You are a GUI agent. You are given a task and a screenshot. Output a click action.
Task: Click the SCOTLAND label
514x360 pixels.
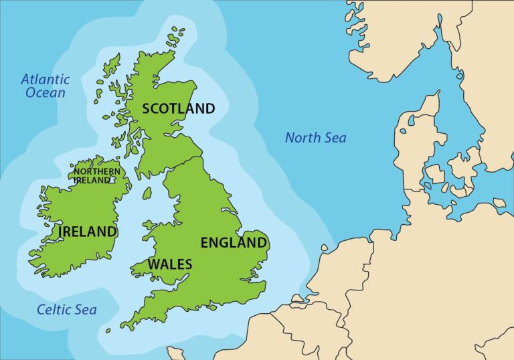[179, 108]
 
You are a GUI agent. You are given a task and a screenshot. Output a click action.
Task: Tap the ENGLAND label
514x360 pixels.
[234, 242]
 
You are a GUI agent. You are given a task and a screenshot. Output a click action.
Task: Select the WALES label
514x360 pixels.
[169, 264]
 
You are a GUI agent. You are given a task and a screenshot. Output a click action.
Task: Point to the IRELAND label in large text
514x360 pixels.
[88, 232]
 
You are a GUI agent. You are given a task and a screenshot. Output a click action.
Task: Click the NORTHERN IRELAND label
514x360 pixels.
[97, 176]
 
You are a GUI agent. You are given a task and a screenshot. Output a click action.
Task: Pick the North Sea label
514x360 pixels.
[316, 138]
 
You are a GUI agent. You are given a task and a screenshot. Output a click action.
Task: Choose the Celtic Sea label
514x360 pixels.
[66, 310]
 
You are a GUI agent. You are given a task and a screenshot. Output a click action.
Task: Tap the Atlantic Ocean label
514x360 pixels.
[46, 86]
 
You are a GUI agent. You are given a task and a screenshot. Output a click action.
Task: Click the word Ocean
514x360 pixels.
[46, 93]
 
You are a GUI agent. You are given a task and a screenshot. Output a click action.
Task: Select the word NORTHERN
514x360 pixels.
[97, 172]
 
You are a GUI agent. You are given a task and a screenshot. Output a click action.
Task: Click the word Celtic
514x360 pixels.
[53, 310]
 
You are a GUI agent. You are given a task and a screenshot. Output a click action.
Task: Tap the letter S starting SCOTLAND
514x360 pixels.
[147, 108]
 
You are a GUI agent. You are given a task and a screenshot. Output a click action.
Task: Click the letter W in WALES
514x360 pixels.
[154, 264]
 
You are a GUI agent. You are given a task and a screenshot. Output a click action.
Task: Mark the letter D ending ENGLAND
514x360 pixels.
[262, 242]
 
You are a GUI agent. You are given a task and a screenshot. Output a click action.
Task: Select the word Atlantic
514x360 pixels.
[46, 78]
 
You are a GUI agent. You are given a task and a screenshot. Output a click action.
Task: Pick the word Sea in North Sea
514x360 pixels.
[336, 138]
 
